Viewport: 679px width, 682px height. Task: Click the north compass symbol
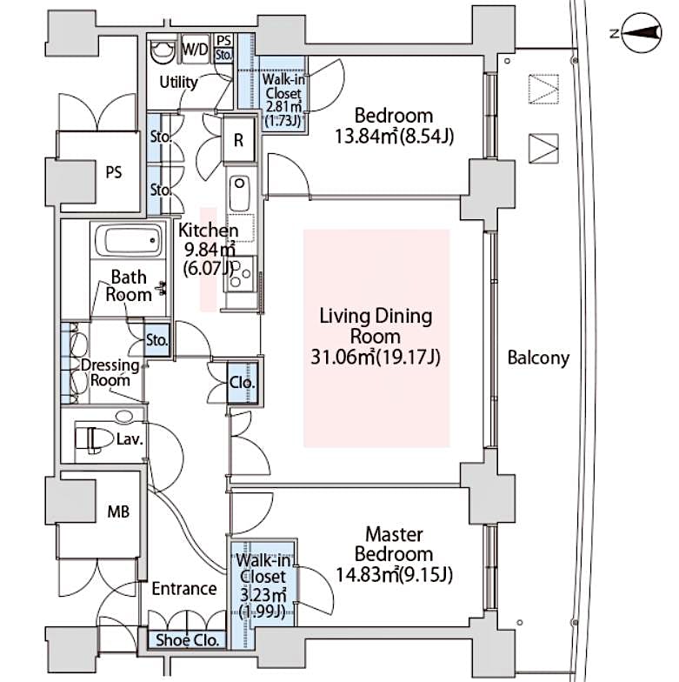(642, 32)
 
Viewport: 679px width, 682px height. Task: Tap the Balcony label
(538, 358)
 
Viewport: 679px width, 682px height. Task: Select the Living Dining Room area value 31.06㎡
(343, 357)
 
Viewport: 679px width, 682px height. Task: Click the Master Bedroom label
(394, 545)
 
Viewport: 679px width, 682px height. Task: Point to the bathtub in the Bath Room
(129, 240)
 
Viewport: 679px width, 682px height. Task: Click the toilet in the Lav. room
(91, 438)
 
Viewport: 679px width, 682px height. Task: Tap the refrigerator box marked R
(238, 139)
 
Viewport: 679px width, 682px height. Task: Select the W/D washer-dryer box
(195, 49)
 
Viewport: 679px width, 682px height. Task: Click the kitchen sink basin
(239, 194)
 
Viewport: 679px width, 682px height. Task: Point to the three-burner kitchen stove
(240, 274)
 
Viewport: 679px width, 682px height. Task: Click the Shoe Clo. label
(188, 640)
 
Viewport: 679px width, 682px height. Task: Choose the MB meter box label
(118, 512)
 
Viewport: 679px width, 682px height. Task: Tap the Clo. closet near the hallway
(242, 383)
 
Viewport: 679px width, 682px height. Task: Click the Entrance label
(184, 588)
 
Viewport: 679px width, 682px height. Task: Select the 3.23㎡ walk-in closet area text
(263, 594)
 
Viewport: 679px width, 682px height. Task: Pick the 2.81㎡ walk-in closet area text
(283, 106)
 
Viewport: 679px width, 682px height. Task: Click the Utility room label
(178, 82)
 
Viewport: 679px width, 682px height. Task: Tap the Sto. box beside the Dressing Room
(156, 341)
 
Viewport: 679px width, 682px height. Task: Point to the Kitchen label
(209, 230)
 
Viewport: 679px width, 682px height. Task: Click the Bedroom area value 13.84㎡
(366, 137)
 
